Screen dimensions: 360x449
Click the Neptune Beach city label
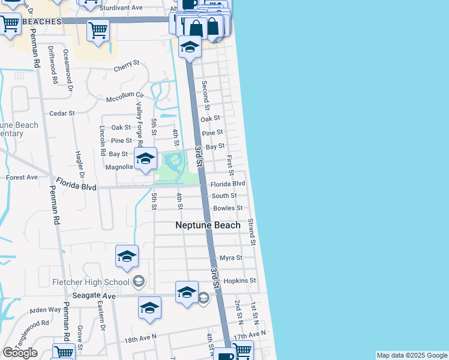click(x=208, y=225)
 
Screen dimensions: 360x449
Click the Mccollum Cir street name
click(x=125, y=96)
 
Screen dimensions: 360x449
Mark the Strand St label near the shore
click(x=252, y=232)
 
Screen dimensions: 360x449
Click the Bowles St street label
click(x=228, y=208)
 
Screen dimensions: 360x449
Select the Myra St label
click(x=231, y=258)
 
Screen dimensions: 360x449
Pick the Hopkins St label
click(x=240, y=281)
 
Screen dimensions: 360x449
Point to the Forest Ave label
click(x=22, y=178)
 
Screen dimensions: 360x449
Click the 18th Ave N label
click(x=140, y=339)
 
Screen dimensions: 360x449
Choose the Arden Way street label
click(x=46, y=310)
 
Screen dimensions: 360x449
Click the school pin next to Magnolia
click(x=145, y=159)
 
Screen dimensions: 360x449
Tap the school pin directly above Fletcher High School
click(x=127, y=257)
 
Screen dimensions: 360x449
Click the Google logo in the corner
click(x=19, y=353)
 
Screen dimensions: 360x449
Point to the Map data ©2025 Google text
click(x=412, y=355)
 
